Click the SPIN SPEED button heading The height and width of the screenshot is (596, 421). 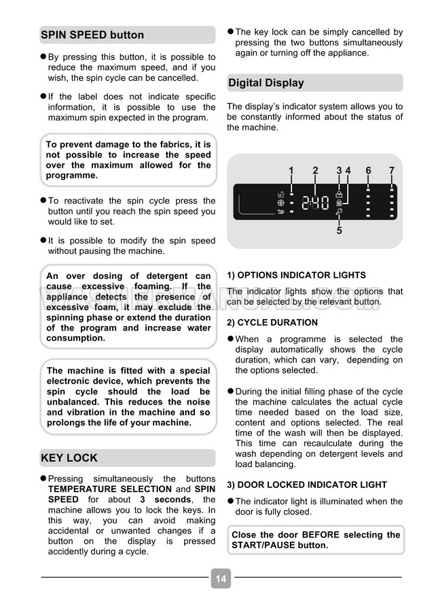coord(92,35)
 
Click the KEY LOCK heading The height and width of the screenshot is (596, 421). coord(69,458)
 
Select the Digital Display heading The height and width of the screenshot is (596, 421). coord(266,83)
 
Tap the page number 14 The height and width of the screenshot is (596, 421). coord(221,578)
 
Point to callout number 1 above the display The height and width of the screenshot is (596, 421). coord(291,171)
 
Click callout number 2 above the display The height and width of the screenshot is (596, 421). coord(315,171)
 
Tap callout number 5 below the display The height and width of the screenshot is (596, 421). coord(339,231)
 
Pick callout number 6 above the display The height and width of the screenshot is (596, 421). coord(368,171)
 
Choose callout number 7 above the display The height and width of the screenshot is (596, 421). coord(392,171)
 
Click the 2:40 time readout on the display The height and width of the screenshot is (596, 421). coord(315,202)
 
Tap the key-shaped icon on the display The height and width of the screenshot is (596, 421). coord(339,212)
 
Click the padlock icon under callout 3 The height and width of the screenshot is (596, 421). coord(339,193)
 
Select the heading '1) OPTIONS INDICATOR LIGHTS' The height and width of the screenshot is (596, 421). coord(296,275)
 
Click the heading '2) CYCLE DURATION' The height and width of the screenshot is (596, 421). coord(272,322)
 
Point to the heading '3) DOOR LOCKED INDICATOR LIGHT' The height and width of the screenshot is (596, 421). coord(307,485)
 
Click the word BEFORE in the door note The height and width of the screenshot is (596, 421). coord(322,535)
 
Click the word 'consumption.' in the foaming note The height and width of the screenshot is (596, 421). coord(75,338)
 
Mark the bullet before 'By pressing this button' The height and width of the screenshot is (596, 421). coord(43,56)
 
